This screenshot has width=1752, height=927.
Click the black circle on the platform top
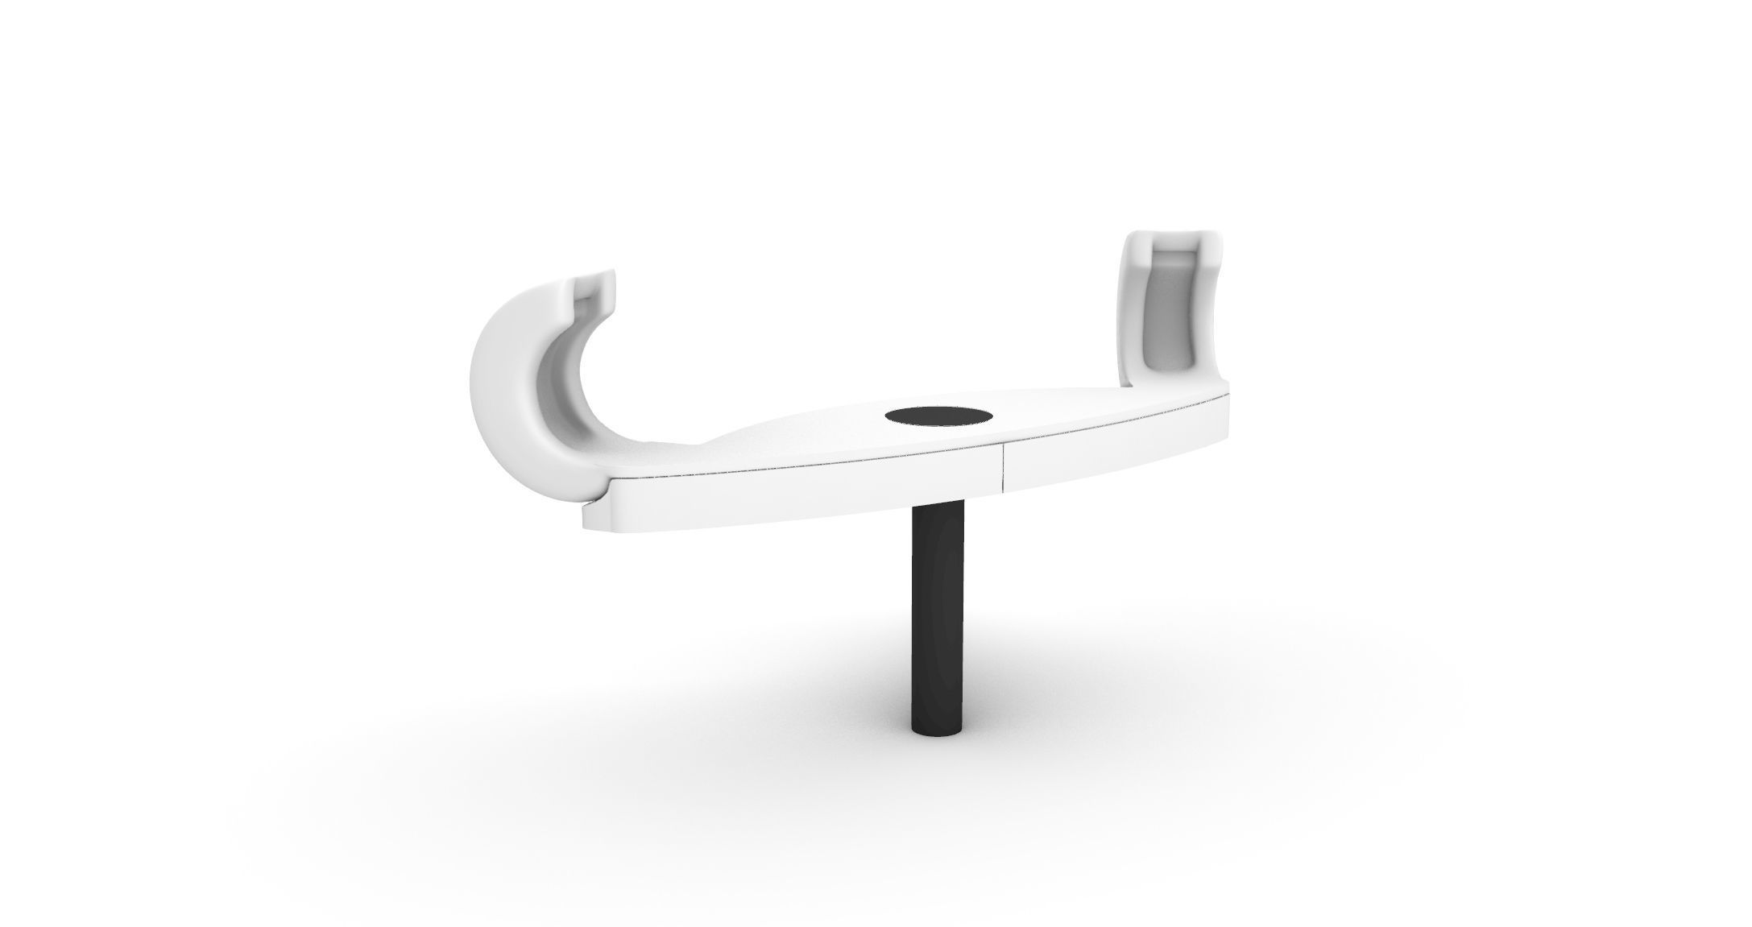coord(937,416)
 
